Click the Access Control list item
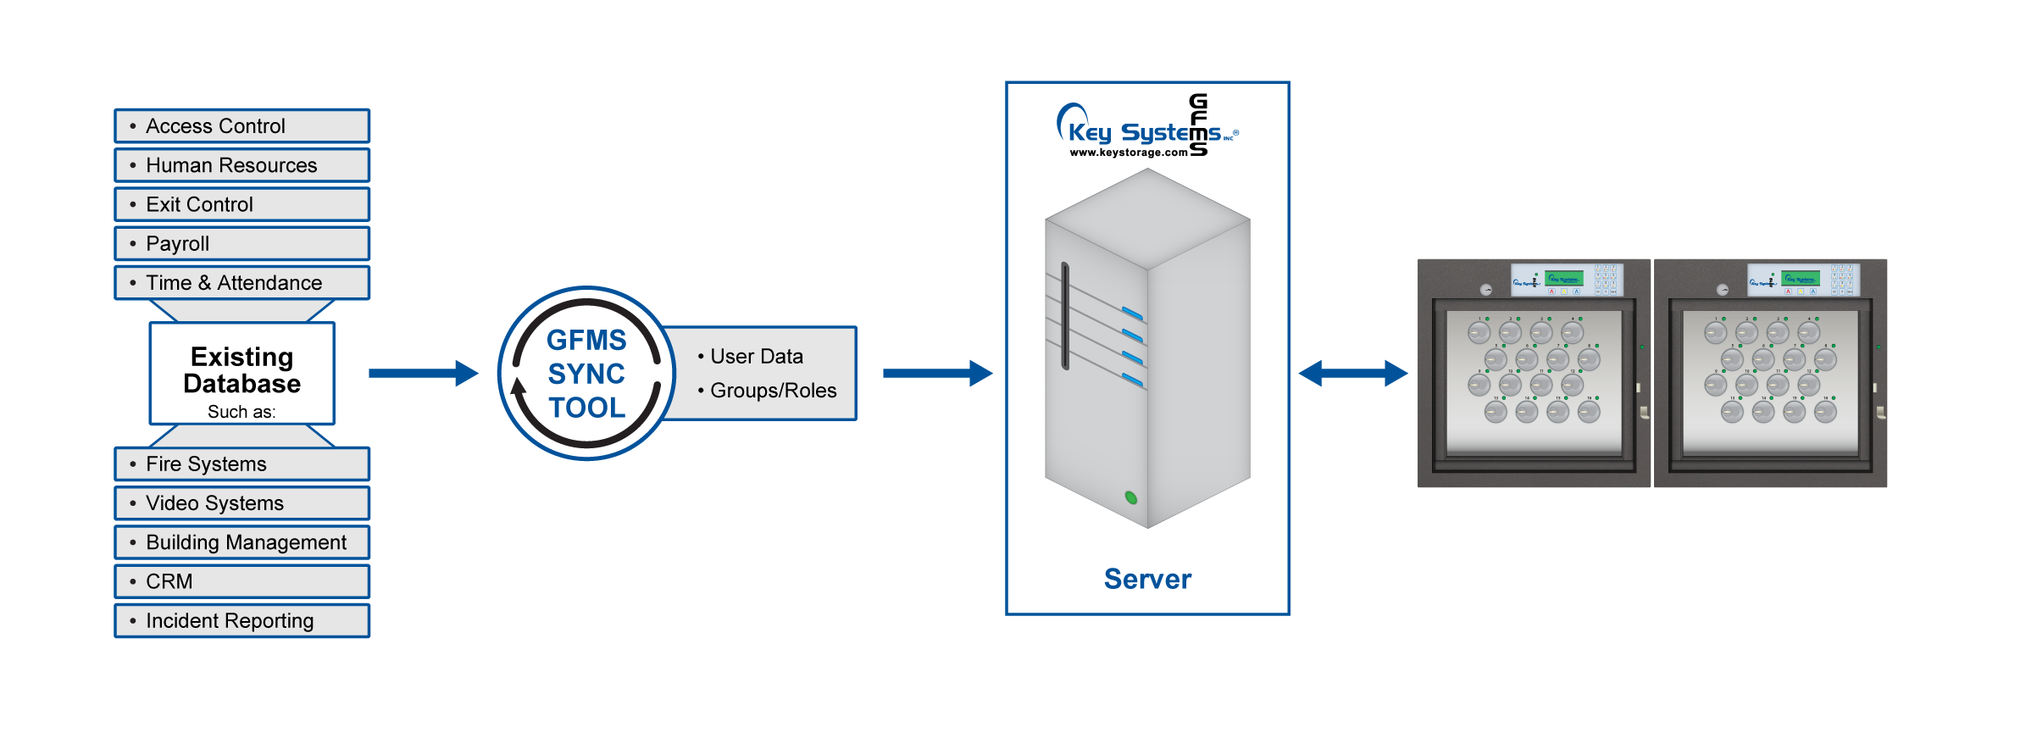215,126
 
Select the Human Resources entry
231,165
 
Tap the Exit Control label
199,204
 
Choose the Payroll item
177,243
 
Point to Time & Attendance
234,283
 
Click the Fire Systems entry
206,464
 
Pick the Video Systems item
214,503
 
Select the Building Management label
246,542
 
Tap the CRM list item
169,581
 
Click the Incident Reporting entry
230,621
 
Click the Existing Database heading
241,370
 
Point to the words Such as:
241,412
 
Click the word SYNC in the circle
586,374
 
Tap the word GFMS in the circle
586,340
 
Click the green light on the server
1130,497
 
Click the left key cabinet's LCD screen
1563,278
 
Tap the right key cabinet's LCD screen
1800,278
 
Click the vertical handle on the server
1065,315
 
